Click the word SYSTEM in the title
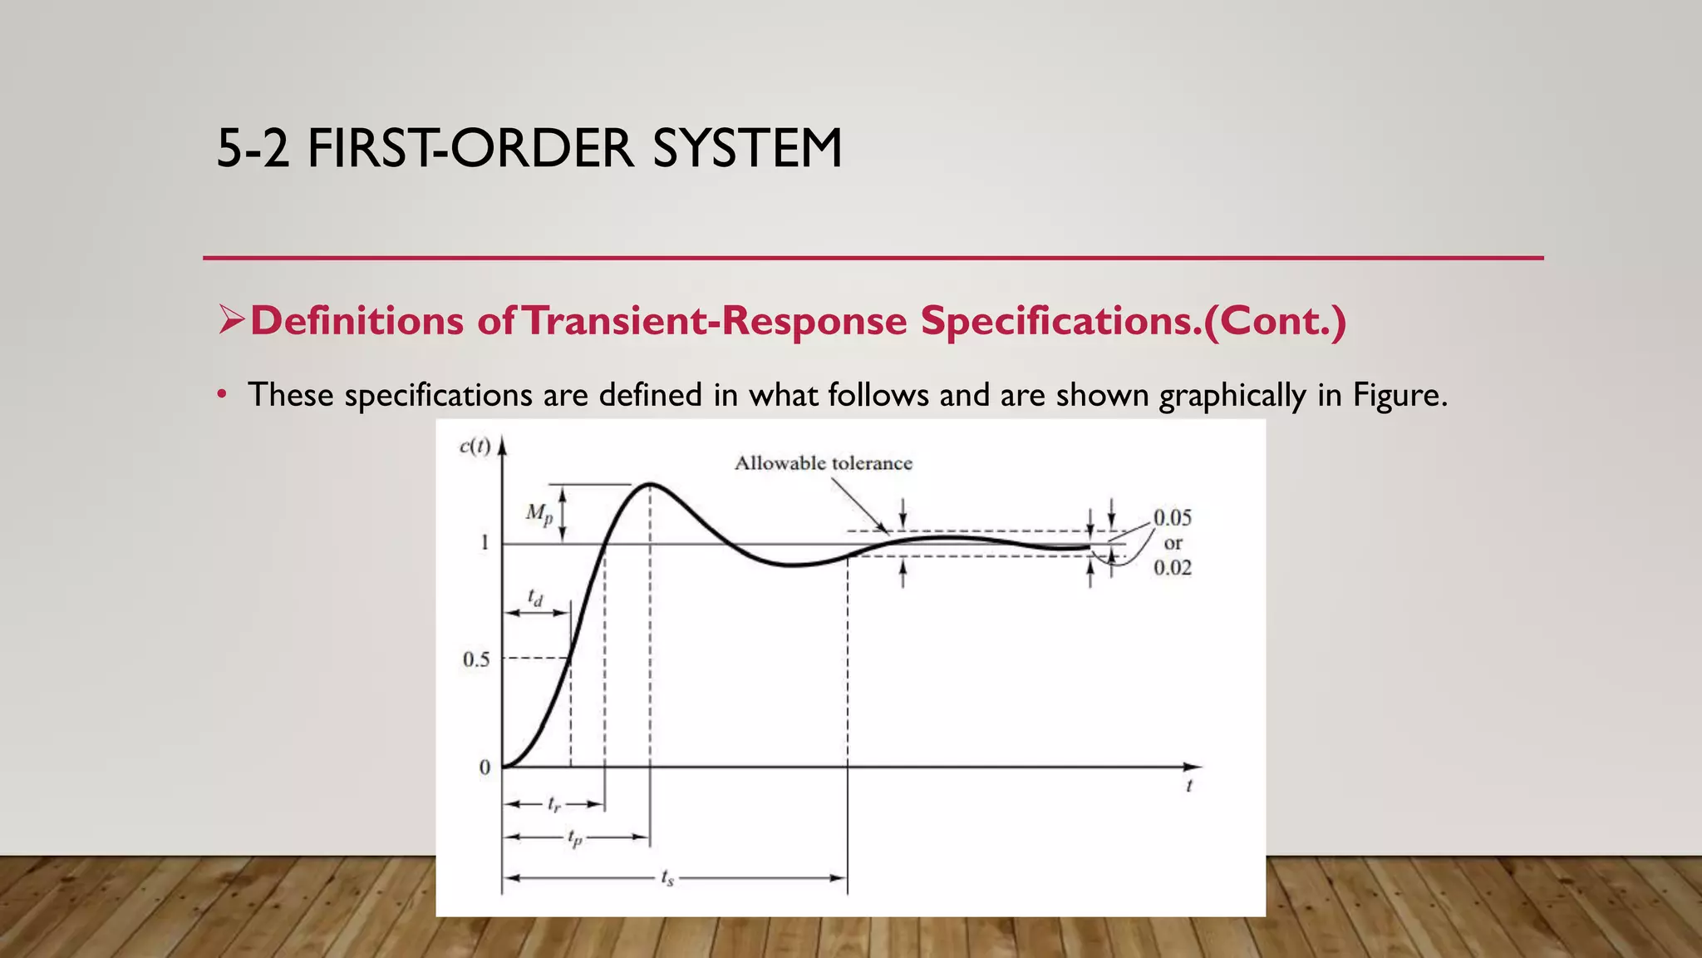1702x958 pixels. pos(746,149)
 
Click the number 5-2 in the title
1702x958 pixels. pos(253,149)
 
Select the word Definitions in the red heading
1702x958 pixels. pos(357,321)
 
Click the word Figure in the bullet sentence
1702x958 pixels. pos(1399,394)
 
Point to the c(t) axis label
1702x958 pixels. pos(475,447)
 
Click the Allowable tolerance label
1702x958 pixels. pos(823,463)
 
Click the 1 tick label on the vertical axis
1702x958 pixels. pos(485,543)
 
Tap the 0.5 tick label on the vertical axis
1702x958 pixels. pos(476,659)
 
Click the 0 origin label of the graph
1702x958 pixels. pos(485,768)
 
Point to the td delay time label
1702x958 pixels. pos(536,597)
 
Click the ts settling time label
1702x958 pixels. pos(667,877)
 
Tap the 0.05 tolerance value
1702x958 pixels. pos(1172,518)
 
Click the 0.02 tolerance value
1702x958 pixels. pos(1172,568)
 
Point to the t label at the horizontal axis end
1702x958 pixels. pos(1189,786)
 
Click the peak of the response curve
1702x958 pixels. pos(649,483)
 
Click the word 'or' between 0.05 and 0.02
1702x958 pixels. pos(1173,543)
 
